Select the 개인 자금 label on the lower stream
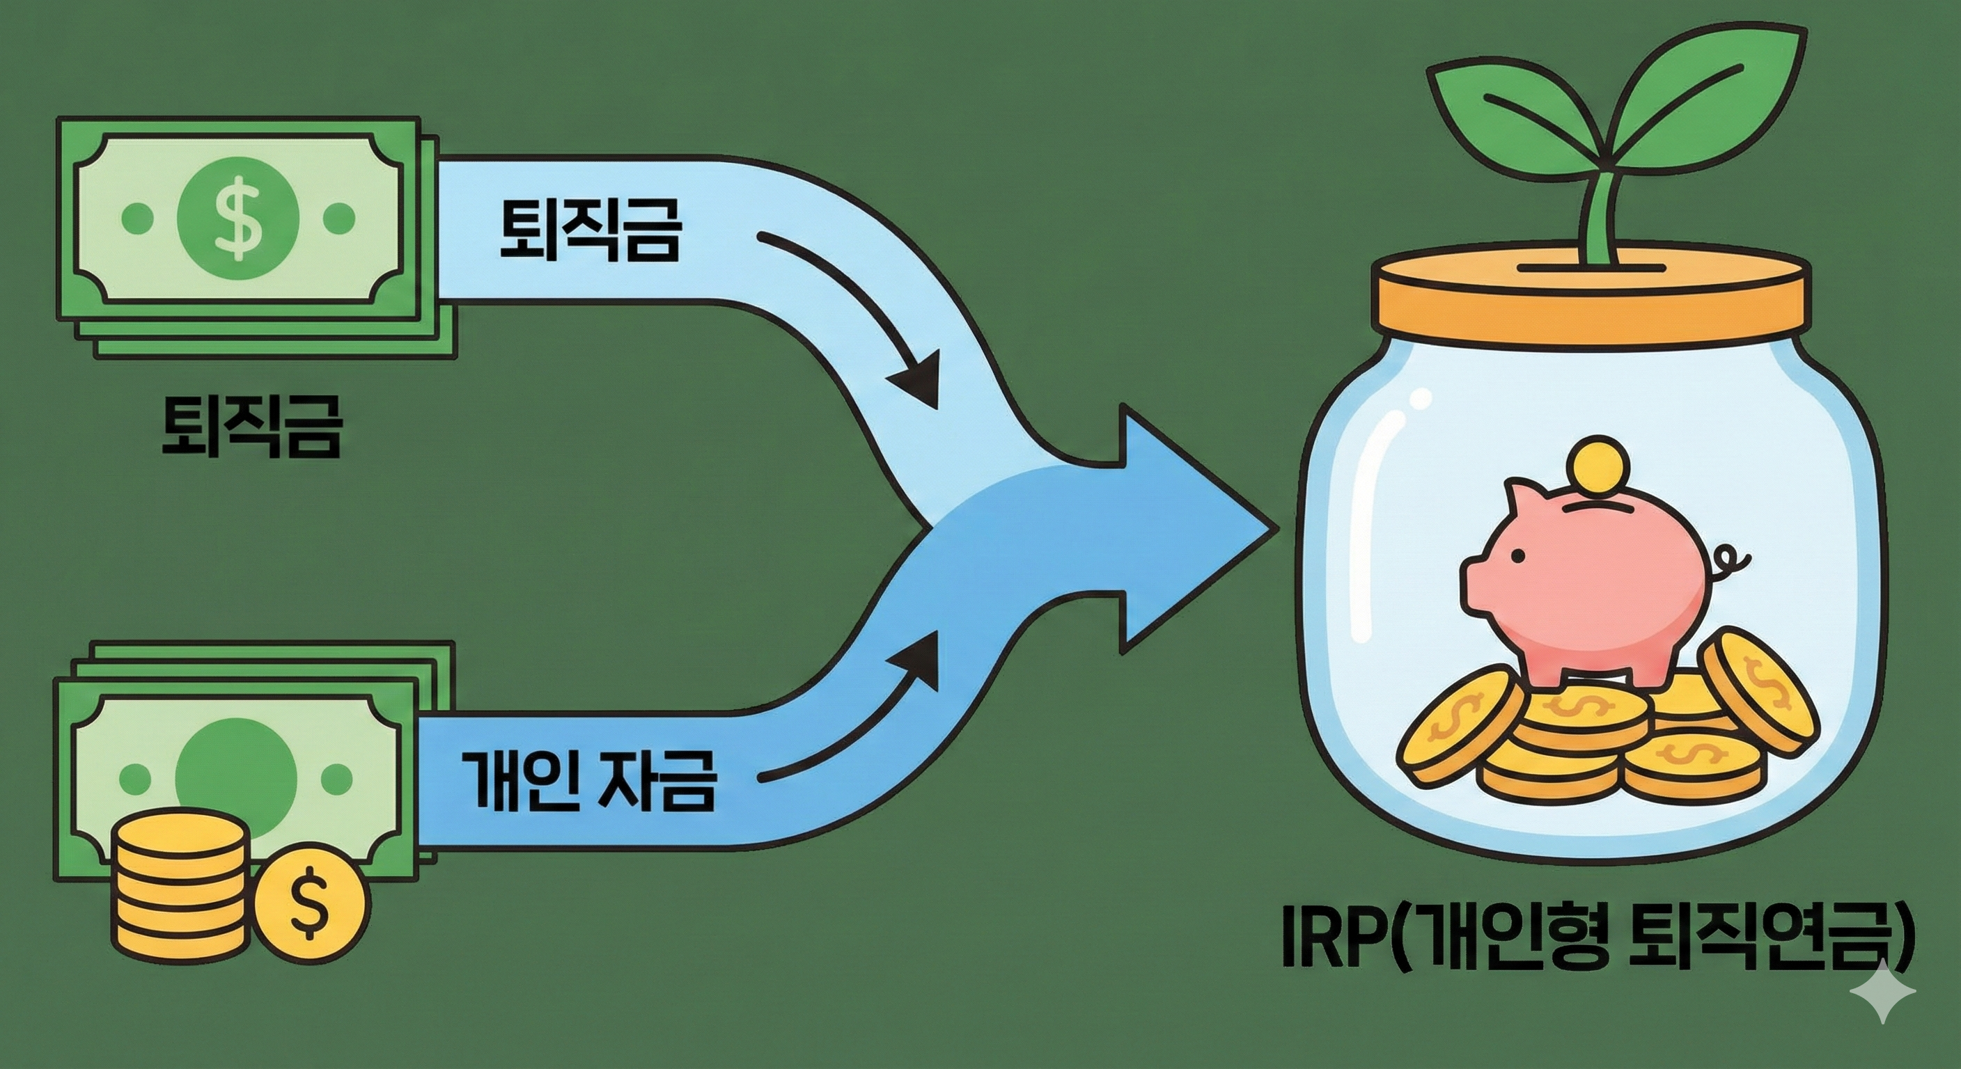588,781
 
